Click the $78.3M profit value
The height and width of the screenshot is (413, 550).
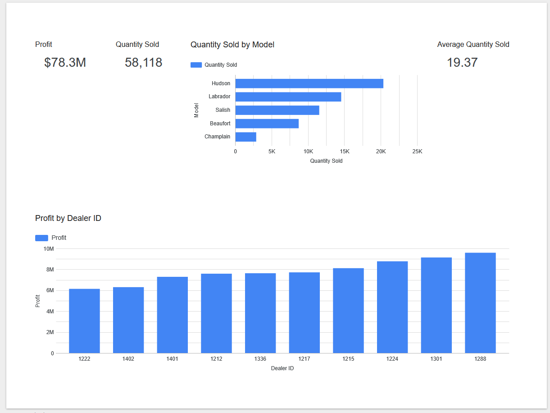65,62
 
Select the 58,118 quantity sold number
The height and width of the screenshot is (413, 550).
143,62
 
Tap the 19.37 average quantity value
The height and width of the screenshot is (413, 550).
462,62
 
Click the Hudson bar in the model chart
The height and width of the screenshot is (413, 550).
309,83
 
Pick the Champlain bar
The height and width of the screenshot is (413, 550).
245,137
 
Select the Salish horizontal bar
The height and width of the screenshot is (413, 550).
277,110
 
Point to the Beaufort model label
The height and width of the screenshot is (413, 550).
220,124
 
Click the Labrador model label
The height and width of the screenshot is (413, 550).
219,96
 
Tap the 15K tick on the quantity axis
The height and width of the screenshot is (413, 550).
345,151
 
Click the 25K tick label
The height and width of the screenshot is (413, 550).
417,151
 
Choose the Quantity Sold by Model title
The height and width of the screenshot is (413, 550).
232,45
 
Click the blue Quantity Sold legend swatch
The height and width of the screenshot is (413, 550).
196,65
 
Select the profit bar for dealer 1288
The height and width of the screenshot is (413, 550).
480,303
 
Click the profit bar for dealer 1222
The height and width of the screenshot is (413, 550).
84,321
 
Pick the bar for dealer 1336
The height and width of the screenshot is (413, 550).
260,313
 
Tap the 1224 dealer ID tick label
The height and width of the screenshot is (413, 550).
392,359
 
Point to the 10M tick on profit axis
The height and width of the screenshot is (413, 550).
48,249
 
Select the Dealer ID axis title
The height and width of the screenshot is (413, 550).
282,368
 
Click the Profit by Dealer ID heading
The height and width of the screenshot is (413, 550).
68,218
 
